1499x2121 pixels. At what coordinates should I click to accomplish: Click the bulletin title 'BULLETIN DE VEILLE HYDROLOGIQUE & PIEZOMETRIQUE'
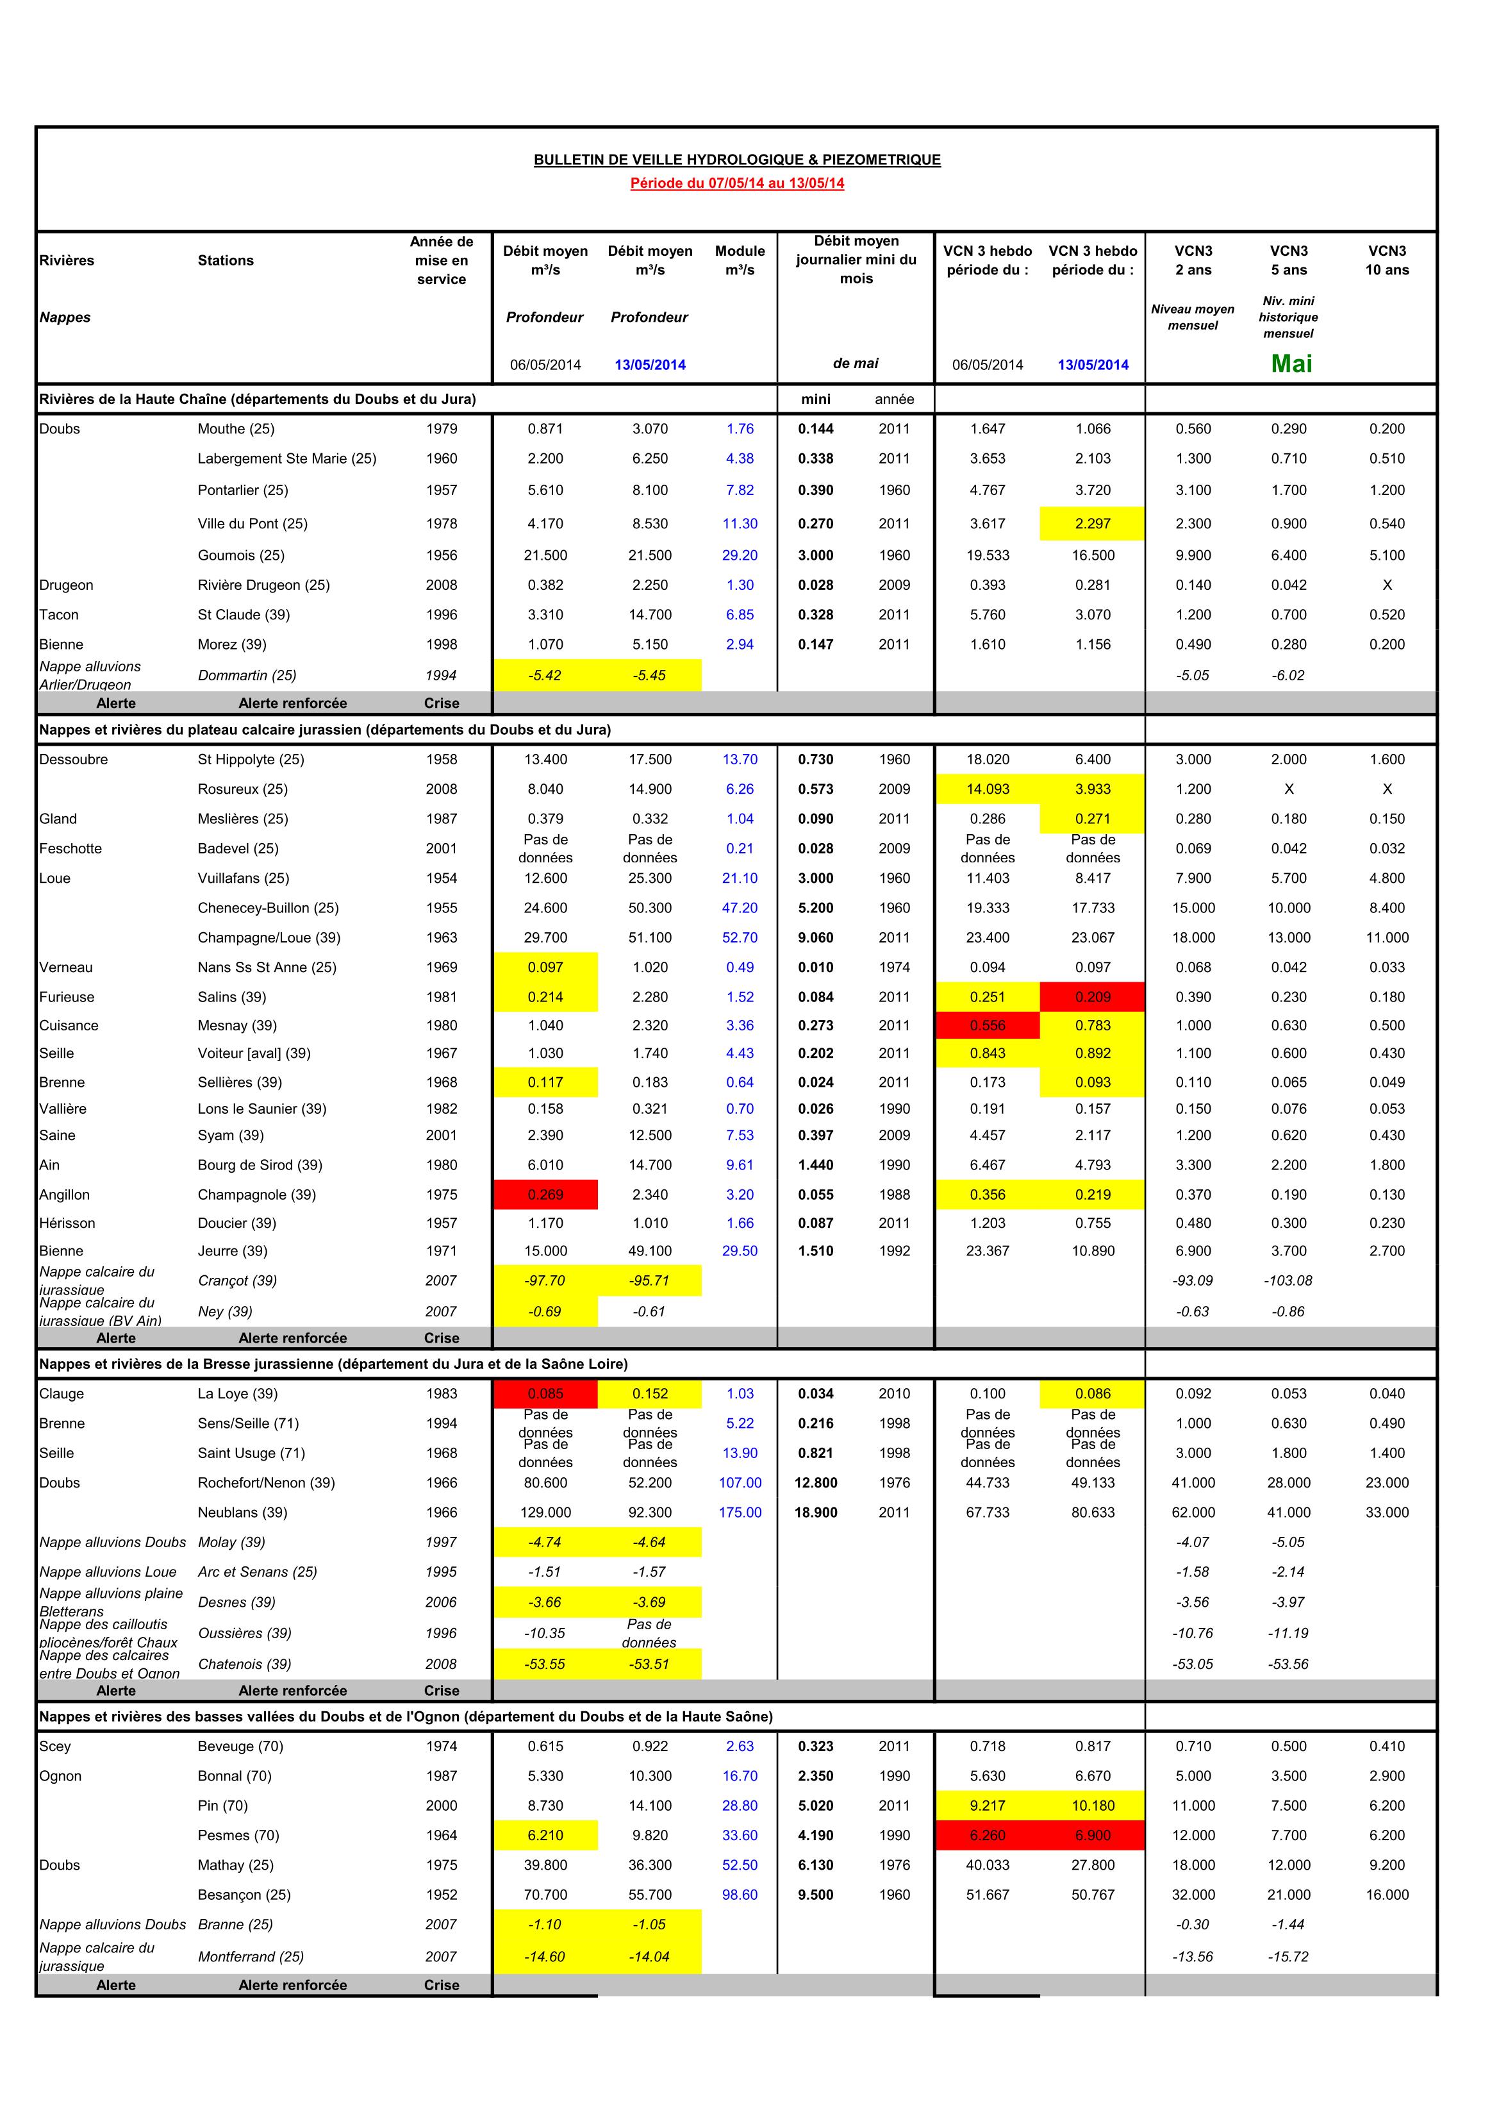click(x=737, y=160)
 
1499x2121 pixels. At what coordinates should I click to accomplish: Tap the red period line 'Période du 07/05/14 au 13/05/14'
click(x=737, y=183)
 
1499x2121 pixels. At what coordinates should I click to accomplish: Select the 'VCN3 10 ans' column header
click(x=1386, y=260)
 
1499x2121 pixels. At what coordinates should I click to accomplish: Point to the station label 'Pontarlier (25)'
click(x=243, y=490)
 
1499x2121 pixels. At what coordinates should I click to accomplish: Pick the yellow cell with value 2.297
click(x=1093, y=524)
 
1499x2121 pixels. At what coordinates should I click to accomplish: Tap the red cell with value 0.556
click(x=988, y=1025)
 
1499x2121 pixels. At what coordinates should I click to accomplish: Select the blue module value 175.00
click(x=740, y=1513)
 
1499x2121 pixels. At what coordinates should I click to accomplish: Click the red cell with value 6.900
click(x=1093, y=1836)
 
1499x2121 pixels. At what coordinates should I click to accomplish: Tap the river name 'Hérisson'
click(x=67, y=1223)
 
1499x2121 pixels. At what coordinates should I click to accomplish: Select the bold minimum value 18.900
click(x=816, y=1513)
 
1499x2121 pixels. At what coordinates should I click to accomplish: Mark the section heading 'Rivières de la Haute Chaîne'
click(x=258, y=399)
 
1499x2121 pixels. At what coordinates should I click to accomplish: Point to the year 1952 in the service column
click(x=442, y=1895)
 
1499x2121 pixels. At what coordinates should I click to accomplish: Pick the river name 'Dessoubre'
click(x=73, y=759)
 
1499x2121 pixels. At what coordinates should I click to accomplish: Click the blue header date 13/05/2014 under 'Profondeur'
click(x=650, y=365)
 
